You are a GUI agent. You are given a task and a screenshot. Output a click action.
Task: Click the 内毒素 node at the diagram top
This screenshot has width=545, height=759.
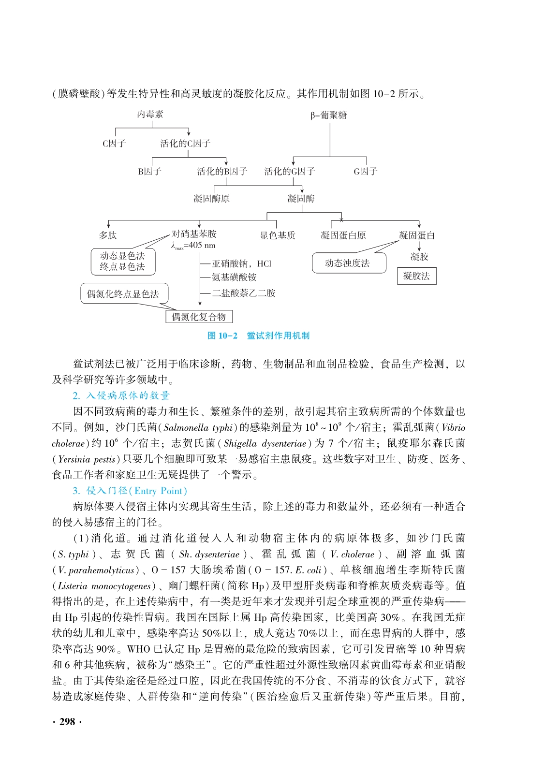(x=150, y=115)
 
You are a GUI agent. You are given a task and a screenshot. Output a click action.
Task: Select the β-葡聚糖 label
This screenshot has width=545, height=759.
(x=328, y=115)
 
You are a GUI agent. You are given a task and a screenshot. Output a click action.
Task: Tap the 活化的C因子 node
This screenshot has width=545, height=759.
(x=185, y=144)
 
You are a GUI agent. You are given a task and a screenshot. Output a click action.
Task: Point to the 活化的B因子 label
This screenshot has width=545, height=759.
(x=222, y=172)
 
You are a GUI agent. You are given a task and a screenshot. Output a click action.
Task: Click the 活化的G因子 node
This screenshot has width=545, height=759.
(x=290, y=172)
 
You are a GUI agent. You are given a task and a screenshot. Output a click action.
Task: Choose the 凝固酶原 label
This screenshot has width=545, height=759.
(x=211, y=199)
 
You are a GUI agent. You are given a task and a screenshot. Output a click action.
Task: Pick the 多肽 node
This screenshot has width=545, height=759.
(x=108, y=235)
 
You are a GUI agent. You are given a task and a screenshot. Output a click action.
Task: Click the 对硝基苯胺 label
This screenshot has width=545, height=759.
(x=194, y=234)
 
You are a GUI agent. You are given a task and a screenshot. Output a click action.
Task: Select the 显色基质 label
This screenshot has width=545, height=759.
(x=278, y=235)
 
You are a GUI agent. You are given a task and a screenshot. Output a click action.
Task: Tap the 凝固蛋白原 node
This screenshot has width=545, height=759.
(x=343, y=235)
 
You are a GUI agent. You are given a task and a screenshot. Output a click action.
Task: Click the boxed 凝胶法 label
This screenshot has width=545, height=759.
(x=416, y=276)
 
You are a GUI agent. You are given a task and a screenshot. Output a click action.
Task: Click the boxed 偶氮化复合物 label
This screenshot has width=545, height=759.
(x=199, y=317)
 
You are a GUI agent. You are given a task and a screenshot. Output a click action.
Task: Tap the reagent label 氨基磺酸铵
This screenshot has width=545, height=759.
(x=234, y=277)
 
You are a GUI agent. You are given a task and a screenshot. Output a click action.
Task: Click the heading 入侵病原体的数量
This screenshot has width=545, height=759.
(x=128, y=395)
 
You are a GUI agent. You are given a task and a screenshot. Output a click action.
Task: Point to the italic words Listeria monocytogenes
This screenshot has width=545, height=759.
(x=104, y=586)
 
